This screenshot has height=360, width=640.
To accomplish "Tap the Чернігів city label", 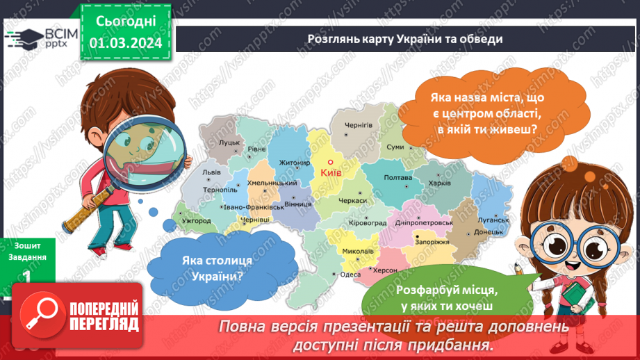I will pos(359,125).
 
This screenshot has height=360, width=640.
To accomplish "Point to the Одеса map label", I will pos(350,274).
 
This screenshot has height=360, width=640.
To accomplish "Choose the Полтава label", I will pos(398,178).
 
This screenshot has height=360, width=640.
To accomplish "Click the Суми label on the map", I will pos(395,147).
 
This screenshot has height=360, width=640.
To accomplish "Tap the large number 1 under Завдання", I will pos(26,277).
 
